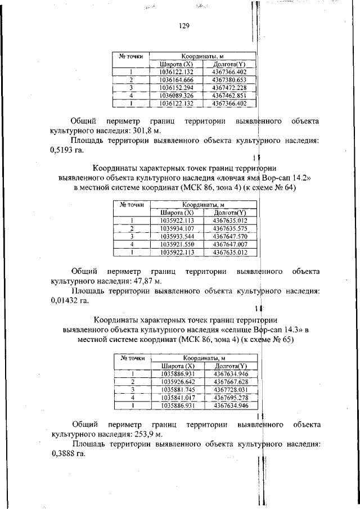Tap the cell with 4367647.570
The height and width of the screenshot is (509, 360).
[x=231, y=236]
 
